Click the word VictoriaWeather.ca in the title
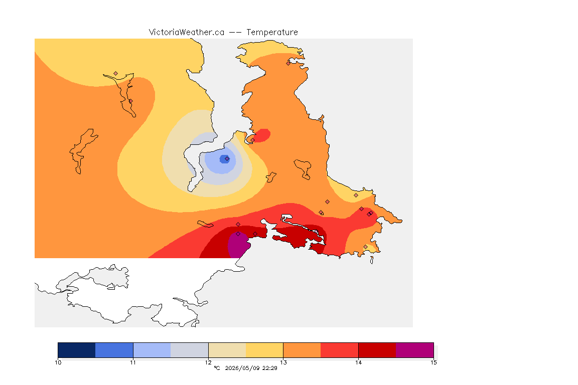(187, 33)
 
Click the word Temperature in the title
(272, 33)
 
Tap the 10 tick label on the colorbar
(58, 362)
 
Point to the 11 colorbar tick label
(133, 362)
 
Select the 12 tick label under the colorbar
(208, 362)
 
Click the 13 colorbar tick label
(283, 362)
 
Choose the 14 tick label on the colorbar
(358, 362)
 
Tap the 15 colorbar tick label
(434, 362)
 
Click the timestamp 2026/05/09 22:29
(251, 368)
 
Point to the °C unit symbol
(217, 368)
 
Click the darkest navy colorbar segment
(77, 350)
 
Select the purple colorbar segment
(415, 350)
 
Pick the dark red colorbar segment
(377, 350)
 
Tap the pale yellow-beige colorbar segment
(227, 350)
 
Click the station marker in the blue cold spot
(227, 159)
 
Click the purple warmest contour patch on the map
(238, 245)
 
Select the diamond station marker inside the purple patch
(238, 234)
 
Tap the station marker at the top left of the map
(116, 74)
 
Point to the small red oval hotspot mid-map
(262, 135)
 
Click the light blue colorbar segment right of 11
(152, 350)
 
